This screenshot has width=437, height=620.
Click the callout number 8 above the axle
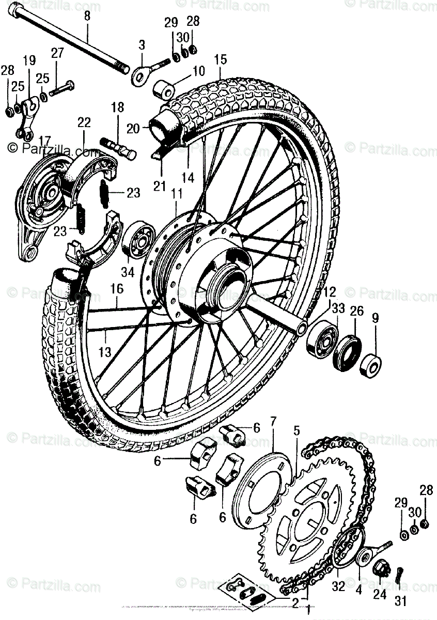click(87, 16)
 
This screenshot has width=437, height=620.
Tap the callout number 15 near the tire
click(221, 59)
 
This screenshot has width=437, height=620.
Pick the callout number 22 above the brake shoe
click(84, 123)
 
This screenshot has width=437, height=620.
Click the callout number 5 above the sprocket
click(296, 430)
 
